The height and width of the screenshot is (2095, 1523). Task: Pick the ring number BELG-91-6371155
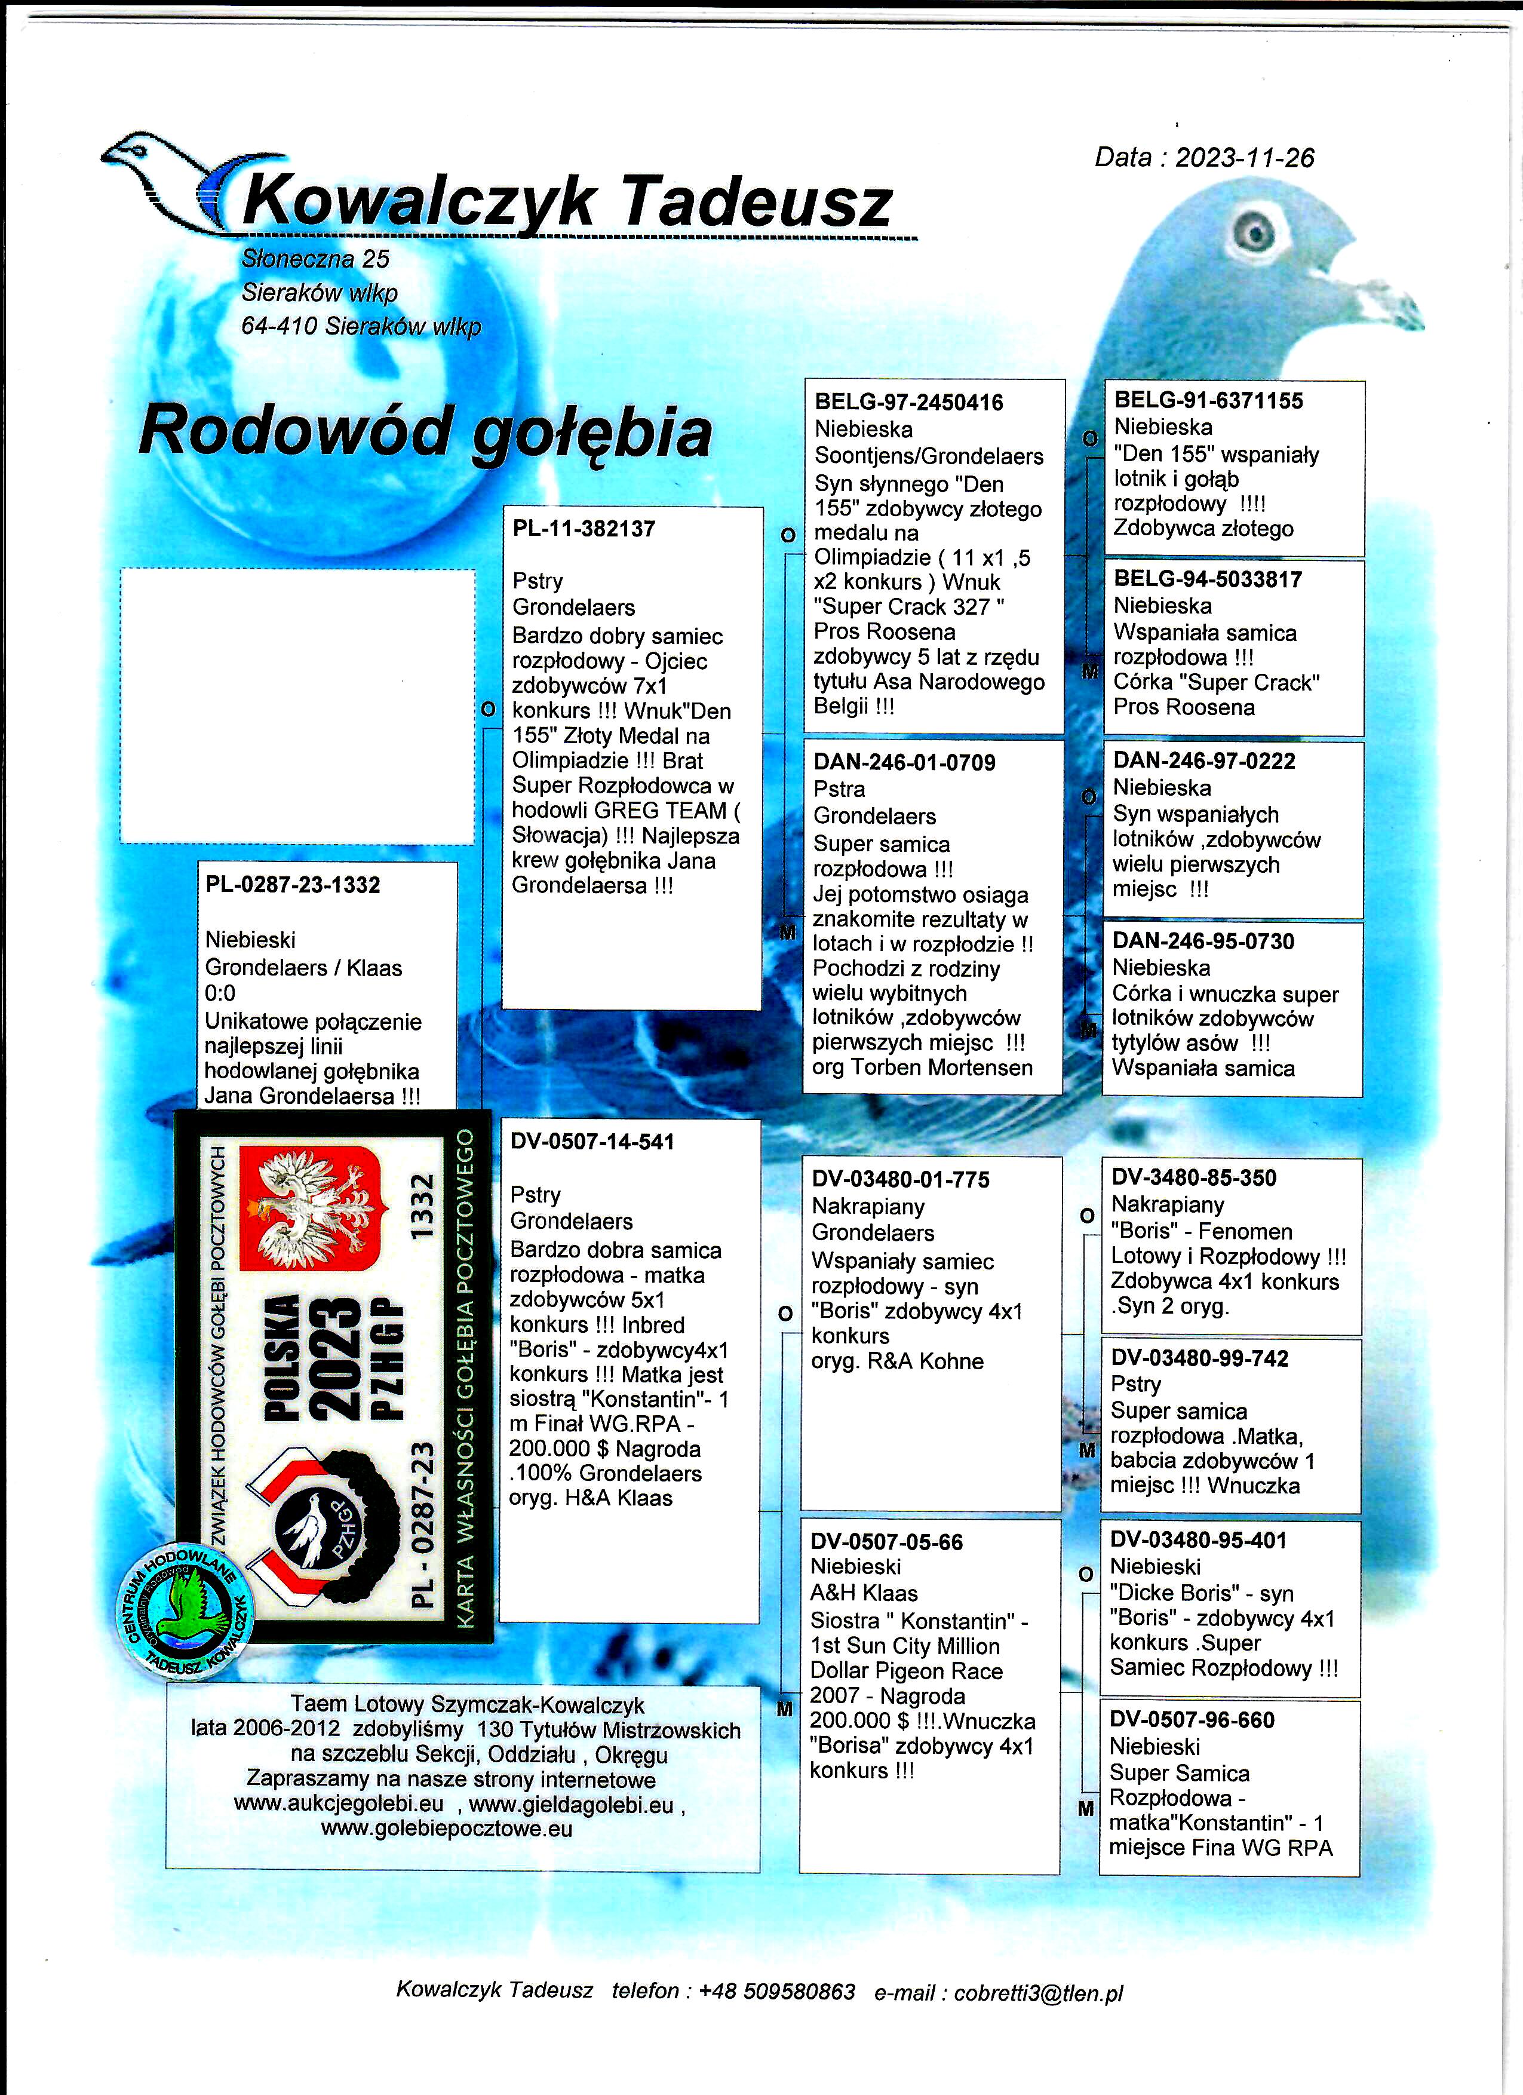[x=1208, y=401]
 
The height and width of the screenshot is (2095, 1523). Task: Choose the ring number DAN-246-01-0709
[x=904, y=762]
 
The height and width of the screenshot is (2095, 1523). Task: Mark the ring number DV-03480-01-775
[x=901, y=1180]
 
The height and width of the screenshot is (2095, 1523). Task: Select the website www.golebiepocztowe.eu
[x=447, y=1829]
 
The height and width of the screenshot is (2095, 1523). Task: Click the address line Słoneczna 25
[x=315, y=260]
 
